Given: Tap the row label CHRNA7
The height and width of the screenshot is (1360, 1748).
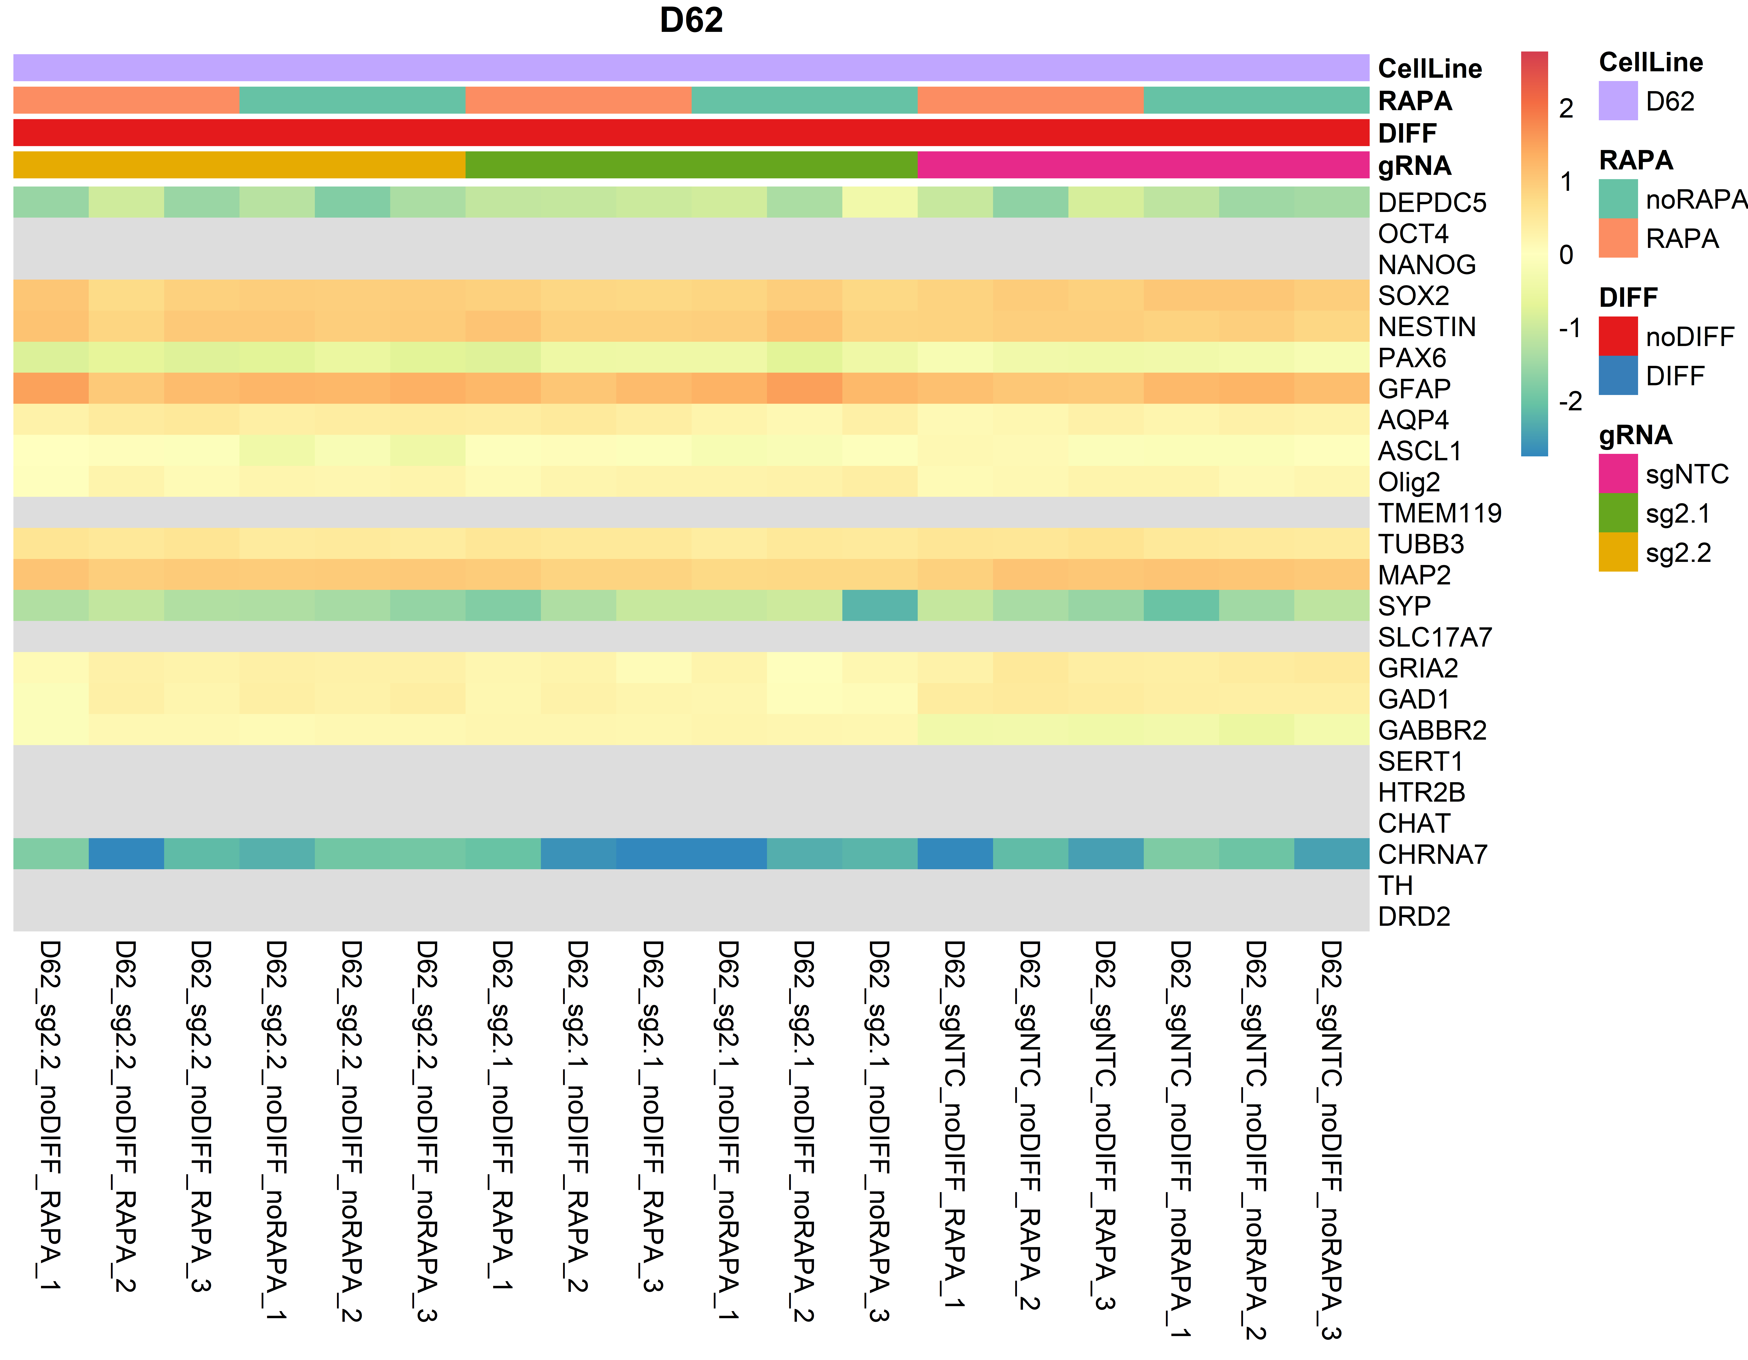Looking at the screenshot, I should (x=1432, y=855).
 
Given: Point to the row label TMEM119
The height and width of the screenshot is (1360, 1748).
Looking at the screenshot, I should (x=1439, y=513).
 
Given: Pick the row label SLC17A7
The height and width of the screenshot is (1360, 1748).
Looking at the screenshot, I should (x=1434, y=637).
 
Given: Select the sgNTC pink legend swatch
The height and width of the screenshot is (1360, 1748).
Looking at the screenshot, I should (x=1617, y=474).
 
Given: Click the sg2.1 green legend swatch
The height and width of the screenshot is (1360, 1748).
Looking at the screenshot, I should (x=1617, y=513).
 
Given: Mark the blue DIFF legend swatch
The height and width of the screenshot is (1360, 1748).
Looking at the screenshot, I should (x=1617, y=375).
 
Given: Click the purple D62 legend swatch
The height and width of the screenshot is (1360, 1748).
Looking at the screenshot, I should (x=1617, y=101).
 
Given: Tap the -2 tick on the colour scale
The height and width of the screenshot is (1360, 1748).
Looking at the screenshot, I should (x=1570, y=401).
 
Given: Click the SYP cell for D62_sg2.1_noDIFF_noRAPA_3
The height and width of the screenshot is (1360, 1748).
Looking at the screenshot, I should (x=880, y=606).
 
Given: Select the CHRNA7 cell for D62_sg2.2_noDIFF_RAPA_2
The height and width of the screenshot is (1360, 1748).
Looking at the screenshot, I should (x=126, y=854).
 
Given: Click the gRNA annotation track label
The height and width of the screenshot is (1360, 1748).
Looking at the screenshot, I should (x=1414, y=166).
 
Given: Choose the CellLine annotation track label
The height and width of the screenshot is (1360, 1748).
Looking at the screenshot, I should (x=1429, y=69).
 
